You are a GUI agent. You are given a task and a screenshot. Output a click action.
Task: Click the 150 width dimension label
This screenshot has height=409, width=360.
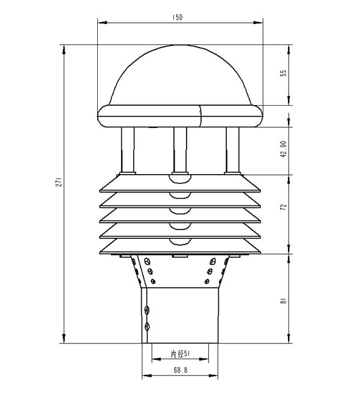pyautogui.click(x=178, y=17)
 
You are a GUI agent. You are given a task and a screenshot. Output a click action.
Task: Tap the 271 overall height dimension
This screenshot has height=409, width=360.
pyautogui.click(x=59, y=182)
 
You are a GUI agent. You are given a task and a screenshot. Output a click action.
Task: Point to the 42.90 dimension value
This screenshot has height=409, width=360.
pyautogui.click(x=283, y=149)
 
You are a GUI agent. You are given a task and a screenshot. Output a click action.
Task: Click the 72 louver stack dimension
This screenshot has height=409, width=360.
pyautogui.click(x=283, y=207)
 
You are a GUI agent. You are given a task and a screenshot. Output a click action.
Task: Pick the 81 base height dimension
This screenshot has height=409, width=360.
pyautogui.click(x=283, y=301)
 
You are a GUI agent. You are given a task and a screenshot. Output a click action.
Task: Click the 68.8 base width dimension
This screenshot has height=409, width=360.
pyautogui.click(x=181, y=370)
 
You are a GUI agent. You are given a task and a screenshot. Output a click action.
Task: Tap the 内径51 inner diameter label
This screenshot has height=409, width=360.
pyautogui.click(x=180, y=354)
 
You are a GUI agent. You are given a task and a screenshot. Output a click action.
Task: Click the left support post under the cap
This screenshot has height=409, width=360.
pyautogui.click(x=128, y=150)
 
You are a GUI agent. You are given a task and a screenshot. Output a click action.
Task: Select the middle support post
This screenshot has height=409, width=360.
pyautogui.click(x=180, y=150)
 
